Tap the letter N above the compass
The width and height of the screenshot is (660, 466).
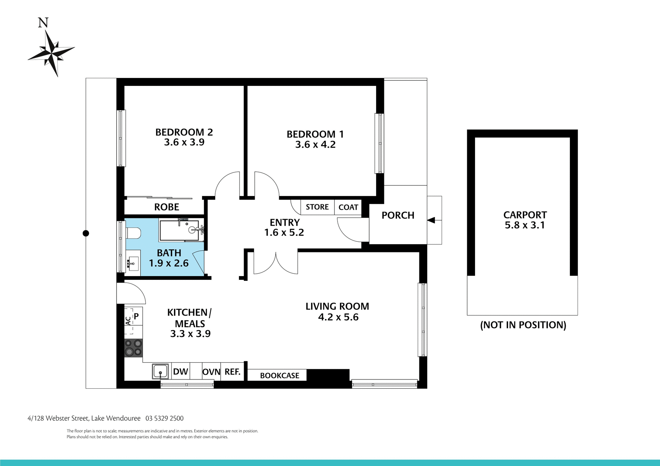43,23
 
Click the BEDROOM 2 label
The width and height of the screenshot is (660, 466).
184,132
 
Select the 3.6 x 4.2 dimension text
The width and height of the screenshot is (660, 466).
315,145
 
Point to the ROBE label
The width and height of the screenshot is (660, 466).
167,207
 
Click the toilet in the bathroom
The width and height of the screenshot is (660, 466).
133,233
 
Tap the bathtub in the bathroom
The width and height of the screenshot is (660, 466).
179,230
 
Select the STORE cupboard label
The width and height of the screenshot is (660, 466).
317,207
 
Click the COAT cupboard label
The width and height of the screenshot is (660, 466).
348,207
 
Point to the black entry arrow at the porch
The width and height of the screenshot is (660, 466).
431,220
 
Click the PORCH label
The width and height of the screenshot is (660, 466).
398,215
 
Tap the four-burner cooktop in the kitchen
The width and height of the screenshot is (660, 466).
133,348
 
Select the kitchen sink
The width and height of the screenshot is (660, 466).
161,371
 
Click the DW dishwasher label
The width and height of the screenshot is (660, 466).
180,372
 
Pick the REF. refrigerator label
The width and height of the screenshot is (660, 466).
232,372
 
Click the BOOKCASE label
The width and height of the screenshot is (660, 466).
279,376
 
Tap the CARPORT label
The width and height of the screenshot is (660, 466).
525,215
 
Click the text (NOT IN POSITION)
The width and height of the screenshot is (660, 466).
523,325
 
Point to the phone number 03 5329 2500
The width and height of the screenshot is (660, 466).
164,418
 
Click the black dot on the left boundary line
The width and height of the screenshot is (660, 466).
86,233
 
